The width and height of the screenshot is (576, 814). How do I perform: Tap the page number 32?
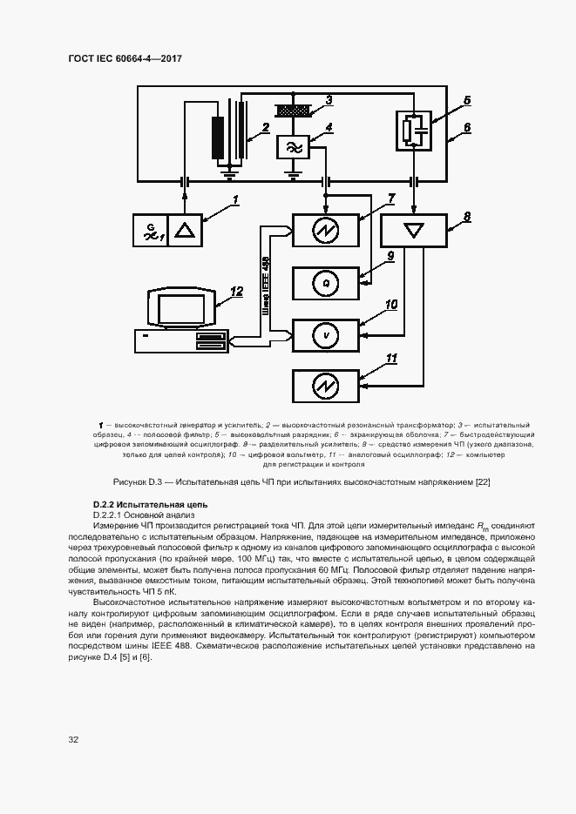[x=73, y=740]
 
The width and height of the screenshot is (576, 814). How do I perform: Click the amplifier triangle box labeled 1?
[x=185, y=230]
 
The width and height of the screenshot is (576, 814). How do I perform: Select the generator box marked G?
[x=150, y=230]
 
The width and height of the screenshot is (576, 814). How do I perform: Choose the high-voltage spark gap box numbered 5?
[x=415, y=130]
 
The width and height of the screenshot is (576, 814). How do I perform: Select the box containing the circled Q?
[x=325, y=282]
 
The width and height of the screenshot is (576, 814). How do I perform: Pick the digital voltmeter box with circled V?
[x=325, y=333]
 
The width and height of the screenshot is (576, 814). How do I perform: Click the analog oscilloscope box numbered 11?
[x=325, y=385]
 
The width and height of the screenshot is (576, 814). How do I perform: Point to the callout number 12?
[x=235, y=293]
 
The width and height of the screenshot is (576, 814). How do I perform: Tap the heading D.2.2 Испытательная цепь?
[x=144, y=506]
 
